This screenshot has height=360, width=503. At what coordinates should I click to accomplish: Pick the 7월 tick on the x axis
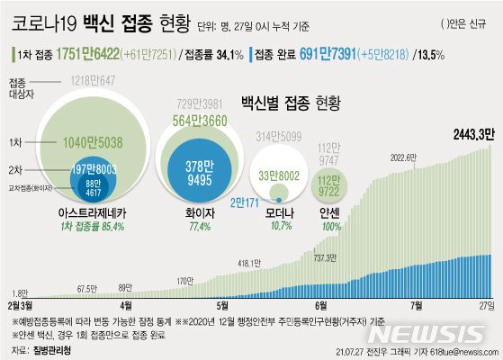(x=416, y=305)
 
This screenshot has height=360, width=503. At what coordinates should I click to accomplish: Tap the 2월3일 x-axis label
(x=21, y=305)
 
